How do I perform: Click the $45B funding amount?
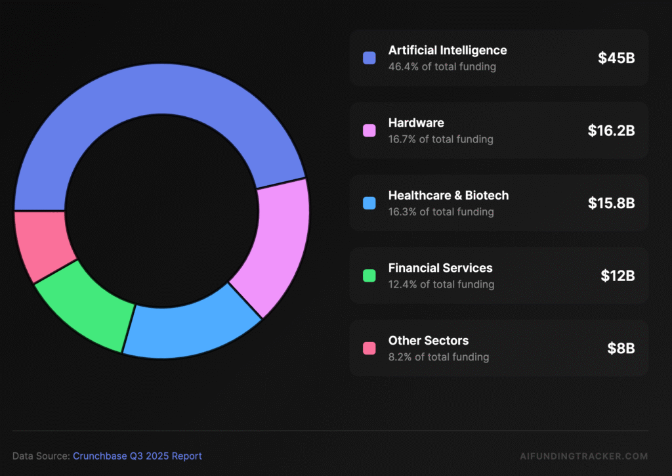tap(616, 58)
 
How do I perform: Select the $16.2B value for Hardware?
tap(611, 131)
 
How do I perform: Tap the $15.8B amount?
tap(611, 203)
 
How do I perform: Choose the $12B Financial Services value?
tap(618, 276)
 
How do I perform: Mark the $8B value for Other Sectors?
tap(621, 348)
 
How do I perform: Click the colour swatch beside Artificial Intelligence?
tap(369, 58)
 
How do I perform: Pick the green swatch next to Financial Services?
tap(369, 276)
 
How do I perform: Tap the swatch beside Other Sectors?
tap(369, 348)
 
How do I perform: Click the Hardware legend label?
tap(416, 123)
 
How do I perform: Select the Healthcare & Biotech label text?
tap(448, 196)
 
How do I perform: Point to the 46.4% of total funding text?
tap(442, 66)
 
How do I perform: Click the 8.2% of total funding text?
tap(438, 357)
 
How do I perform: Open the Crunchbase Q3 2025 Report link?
tap(137, 456)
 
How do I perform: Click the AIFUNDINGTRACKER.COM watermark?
tap(583, 456)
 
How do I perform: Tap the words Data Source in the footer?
tap(41, 456)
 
